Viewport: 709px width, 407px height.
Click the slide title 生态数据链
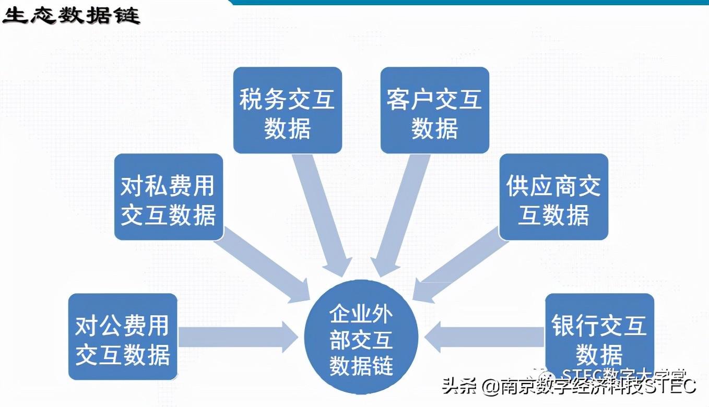coord(71,16)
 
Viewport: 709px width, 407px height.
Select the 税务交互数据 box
coord(287,110)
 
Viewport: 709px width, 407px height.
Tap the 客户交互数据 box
coord(434,110)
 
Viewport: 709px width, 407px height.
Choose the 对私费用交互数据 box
coord(168,197)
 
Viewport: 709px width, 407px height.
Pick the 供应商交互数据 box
coord(553,197)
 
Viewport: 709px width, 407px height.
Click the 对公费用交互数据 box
coord(123,337)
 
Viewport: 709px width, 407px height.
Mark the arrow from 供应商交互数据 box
coord(459,266)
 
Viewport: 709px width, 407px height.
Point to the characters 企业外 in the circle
coord(361,315)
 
